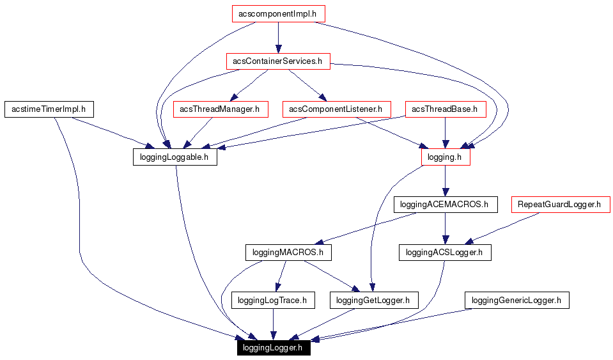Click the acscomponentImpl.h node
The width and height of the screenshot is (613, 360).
[x=277, y=13]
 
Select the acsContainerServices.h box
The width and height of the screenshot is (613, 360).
[x=277, y=61]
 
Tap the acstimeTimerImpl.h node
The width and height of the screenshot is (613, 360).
[x=49, y=109]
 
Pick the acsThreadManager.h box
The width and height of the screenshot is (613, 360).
[x=219, y=109]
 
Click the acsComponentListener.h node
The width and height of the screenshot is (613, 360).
[x=336, y=109]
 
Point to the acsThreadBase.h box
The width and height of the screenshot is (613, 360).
[x=444, y=109]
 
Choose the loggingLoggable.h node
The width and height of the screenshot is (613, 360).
[x=175, y=157]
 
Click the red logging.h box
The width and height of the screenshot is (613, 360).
[x=446, y=157]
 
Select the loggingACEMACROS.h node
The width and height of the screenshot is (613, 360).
[x=445, y=205]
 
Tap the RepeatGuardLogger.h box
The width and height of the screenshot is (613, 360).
[x=560, y=205]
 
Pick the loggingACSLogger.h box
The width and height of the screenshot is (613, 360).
[x=445, y=253]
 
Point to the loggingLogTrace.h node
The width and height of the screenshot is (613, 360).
[x=273, y=300]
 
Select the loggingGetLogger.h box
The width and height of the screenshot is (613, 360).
[x=373, y=300]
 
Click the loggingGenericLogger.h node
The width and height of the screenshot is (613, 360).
[x=516, y=300]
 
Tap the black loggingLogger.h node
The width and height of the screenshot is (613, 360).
[x=274, y=348]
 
